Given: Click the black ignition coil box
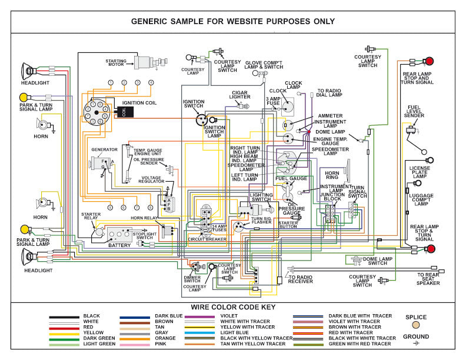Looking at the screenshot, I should (124, 112).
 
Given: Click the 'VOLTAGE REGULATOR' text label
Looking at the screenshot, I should (152, 180).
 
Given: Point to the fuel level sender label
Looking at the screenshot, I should (415, 111).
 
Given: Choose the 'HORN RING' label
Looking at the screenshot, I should (332, 175).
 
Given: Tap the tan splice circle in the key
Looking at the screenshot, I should (416, 325).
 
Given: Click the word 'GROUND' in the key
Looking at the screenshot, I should (416, 336).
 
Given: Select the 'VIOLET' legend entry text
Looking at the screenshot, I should (228, 316).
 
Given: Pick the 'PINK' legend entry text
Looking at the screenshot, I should (161, 344).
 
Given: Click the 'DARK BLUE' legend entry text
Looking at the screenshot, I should (168, 316).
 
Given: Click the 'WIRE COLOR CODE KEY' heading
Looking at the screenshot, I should (232, 307).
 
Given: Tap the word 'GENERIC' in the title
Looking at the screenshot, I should (154, 22).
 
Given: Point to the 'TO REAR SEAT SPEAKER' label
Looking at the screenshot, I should (428, 279).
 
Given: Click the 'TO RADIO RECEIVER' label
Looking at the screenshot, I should (299, 279).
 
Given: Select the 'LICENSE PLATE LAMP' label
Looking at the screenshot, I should (420, 172).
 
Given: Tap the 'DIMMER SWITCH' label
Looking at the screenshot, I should (192, 279).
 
